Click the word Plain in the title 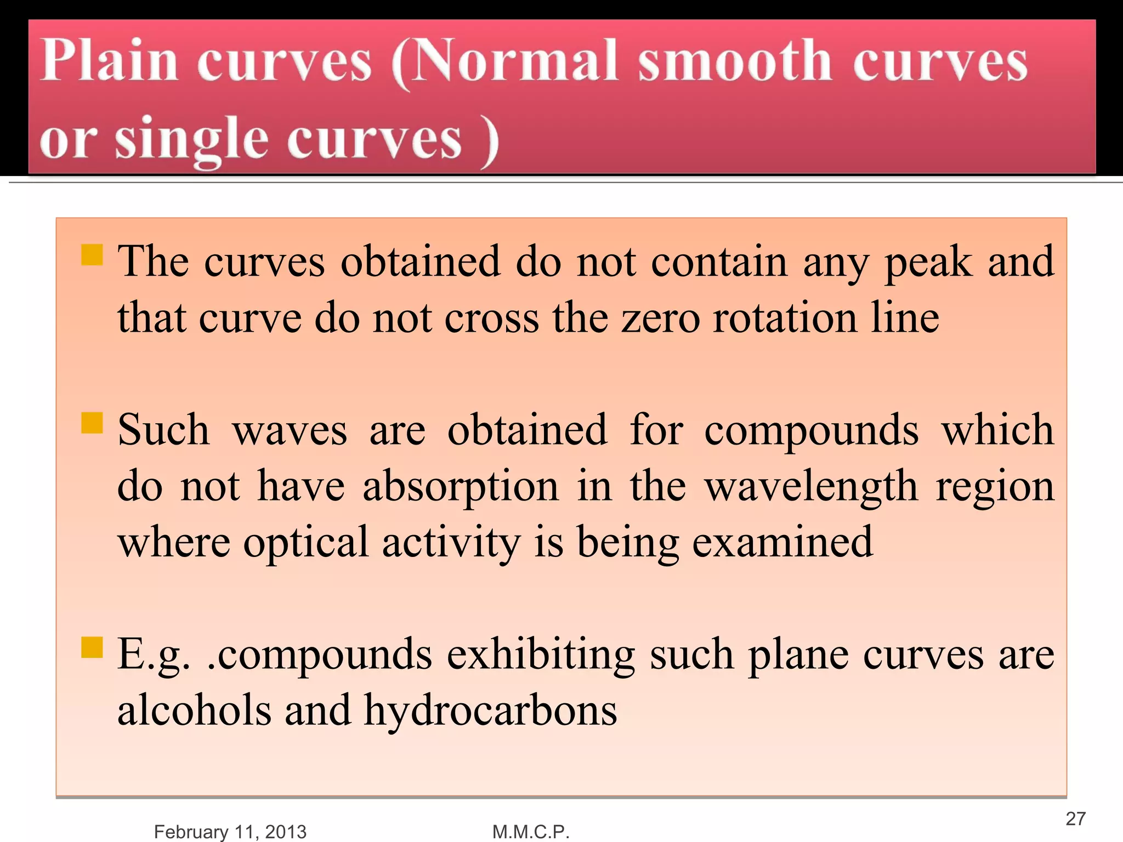point(110,61)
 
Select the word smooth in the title point(735,61)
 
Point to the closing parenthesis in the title point(489,141)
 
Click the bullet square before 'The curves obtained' point(92,255)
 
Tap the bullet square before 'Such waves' point(92,423)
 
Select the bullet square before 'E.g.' point(92,646)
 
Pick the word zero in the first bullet point(660,319)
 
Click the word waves point(290,431)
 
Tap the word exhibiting point(541,655)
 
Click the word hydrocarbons point(490,712)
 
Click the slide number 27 point(1075,819)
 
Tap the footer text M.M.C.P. point(531,832)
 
